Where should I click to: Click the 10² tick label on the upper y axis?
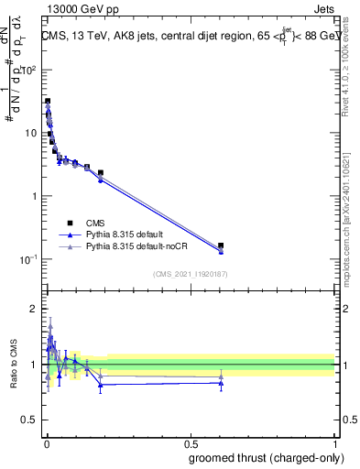pos(30,70)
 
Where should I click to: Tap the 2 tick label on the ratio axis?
pos(35,309)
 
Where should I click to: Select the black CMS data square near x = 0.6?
pos(221,245)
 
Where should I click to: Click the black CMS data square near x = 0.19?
pos(101,172)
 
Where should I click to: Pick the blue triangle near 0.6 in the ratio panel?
pos(221,383)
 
